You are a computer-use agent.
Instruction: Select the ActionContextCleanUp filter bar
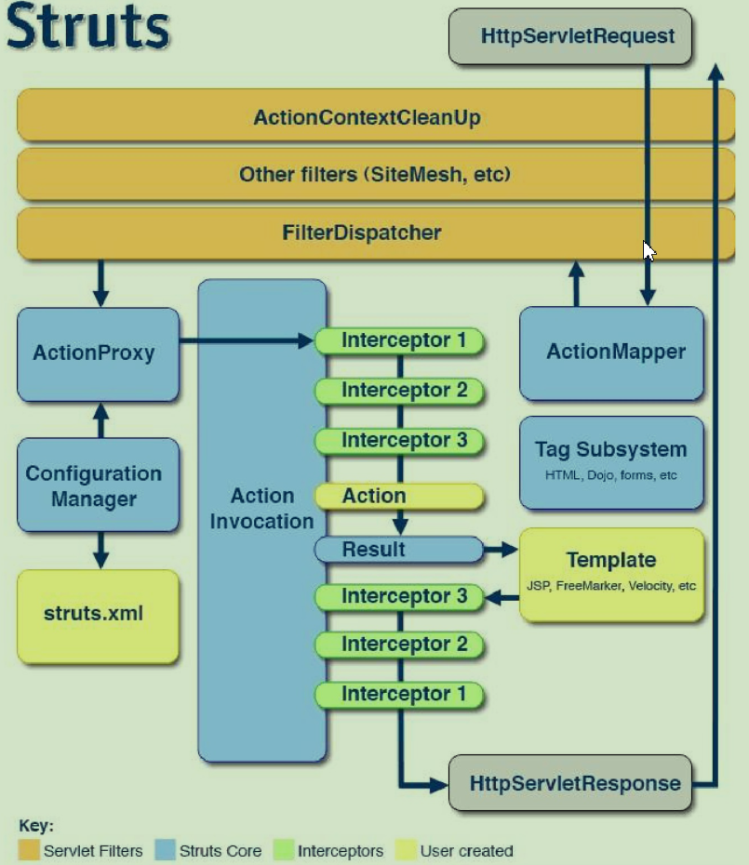pos(367,118)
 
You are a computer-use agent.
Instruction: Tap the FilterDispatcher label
pos(361,232)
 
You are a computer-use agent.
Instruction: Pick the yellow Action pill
pos(398,497)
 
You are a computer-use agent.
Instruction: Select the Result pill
pos(398,550)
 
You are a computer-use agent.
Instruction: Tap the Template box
pos(610,574)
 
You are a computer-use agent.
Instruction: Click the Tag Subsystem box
pos(610,461)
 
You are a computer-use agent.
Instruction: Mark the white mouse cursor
pos(649,251)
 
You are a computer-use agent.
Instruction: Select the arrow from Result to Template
pos(501,550)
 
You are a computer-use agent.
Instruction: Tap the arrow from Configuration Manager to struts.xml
pos(100,551)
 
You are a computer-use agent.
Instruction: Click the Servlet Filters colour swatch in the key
pos(29,850)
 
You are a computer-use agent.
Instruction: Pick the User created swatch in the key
pos(406,850)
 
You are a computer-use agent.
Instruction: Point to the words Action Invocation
pos(261,509)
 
